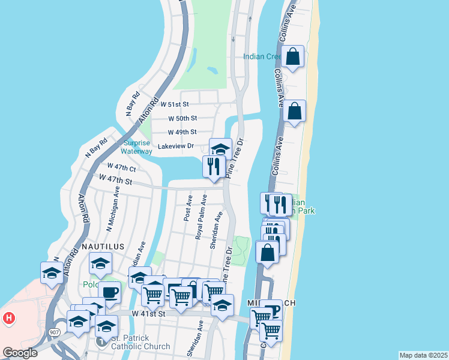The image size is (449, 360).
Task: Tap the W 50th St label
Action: coord(182,119)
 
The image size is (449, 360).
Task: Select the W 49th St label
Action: coord(182,132)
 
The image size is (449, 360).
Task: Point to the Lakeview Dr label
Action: coord(175,146)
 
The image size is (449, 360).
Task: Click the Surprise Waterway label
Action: coord(137,147)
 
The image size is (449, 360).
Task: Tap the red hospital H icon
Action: coord(9,317)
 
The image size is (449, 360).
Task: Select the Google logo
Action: coord(20,353)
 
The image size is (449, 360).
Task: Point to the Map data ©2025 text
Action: coord(424,355)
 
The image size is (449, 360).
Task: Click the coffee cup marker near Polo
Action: coord(110,293)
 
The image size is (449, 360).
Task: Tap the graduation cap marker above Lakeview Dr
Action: coord(220,148)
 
